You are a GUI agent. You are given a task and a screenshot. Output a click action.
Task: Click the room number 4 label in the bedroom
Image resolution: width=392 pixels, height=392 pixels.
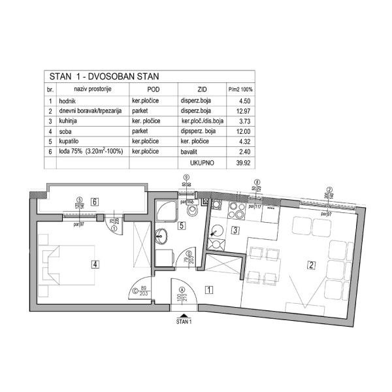(95, 264)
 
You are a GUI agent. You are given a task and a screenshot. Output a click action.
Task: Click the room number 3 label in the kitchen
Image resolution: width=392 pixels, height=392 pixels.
(235, 229)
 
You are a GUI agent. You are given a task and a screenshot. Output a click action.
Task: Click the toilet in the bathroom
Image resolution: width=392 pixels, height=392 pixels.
(192, 212)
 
